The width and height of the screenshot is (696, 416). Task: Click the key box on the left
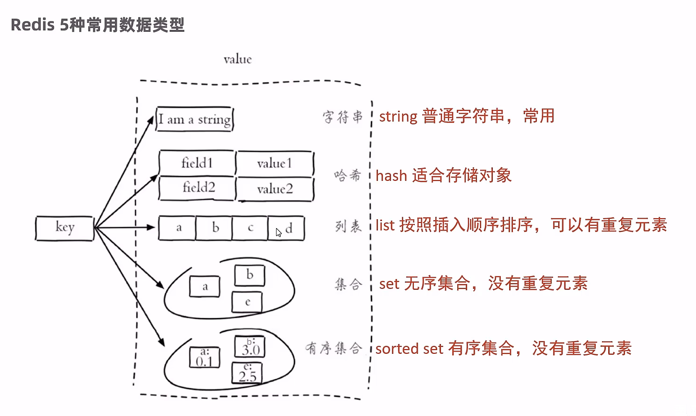[x=64, y=228]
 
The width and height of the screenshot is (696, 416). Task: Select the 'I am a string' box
[x=194, y=119]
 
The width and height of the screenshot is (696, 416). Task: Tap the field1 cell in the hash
[x=197, y=163]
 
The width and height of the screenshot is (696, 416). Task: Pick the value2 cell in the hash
[x=275, y=189]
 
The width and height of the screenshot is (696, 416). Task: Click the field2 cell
[x=198, y=188]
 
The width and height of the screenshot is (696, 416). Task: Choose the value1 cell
[x=274, y=163]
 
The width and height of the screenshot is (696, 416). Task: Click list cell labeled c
[x=250, y=228]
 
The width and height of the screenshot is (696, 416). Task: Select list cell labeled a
[x=178, y=228]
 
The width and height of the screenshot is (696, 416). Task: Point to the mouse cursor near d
[x=278, y=232]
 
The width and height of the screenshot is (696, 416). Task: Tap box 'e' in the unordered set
[x=247, y=302]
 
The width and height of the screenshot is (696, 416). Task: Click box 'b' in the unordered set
[x=249, y=275]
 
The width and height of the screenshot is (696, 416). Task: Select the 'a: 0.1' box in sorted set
[x=204, y=358]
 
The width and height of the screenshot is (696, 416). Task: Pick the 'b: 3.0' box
[x=250, y=347]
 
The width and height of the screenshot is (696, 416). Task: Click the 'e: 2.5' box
[x=247, y=373]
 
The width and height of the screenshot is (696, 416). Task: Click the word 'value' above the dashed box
[x=237, y=59]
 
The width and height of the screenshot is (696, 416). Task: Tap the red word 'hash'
[x=391, y=176]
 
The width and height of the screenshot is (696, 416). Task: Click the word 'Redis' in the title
[x=32, y=25]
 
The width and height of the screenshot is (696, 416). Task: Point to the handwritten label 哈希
[x=348, y=176]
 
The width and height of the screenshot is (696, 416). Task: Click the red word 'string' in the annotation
[x=398, y=116]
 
